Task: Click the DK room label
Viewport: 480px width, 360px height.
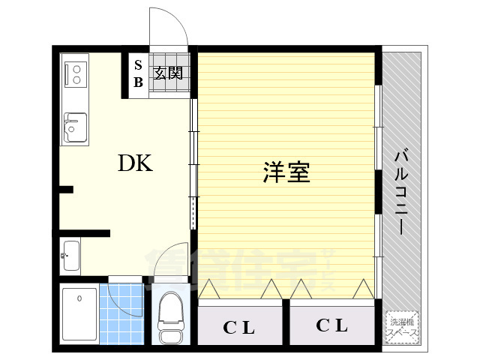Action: (135, 163)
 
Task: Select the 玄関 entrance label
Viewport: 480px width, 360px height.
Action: (169, 73)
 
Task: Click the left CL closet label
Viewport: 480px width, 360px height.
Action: (239, 328)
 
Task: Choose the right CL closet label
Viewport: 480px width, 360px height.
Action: (331, 325)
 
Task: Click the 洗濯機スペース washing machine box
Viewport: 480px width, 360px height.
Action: (403, 327)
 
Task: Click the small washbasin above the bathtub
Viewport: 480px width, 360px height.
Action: (71, 255)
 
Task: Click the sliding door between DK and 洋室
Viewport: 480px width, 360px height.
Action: (194, 165)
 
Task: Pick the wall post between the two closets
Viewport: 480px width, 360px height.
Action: (286, 323)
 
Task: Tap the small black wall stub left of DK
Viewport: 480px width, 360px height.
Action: (66, 189)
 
